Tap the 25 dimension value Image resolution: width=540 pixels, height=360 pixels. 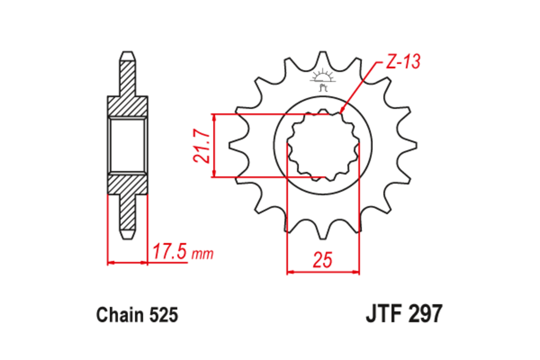click(x=323, y=261)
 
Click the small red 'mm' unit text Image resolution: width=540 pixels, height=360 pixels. click(x=202, y=254)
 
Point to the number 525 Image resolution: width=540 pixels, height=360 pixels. click(x=162, y=315)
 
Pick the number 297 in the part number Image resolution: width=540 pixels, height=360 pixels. click(x=424, y=314)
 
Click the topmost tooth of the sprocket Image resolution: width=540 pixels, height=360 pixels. click(x=323, y=56)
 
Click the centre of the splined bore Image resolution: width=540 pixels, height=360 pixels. click(x=323, y=145)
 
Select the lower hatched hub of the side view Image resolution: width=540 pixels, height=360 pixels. click(x=127, y=184)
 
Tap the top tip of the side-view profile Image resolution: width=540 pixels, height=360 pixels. click(x=127, y=53)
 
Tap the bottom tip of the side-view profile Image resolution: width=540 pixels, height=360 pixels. click(x=127, y=237)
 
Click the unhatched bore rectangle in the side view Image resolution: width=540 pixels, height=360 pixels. click(x=127, y=145)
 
